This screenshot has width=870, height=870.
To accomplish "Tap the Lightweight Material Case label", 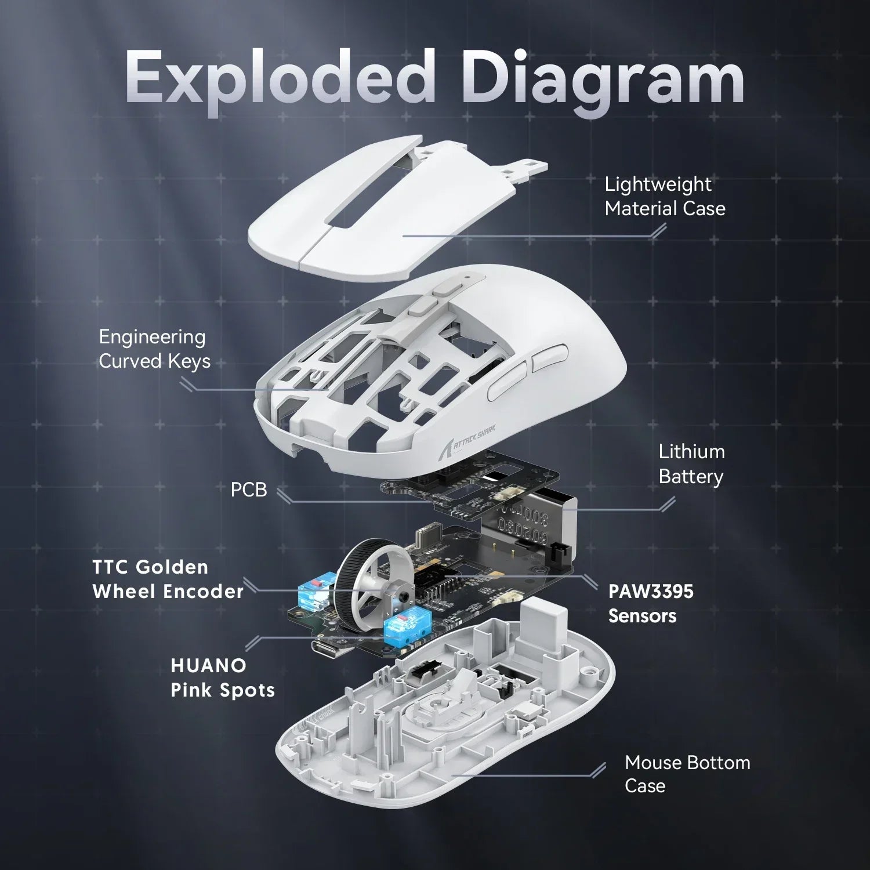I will pos(665,196).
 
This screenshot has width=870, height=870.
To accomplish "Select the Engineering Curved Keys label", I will pos(154,349).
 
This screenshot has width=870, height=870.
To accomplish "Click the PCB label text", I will pos(249,490).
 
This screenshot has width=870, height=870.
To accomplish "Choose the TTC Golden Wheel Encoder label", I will pos(168,579).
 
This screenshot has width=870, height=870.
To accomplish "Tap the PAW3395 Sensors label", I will pos(650,603).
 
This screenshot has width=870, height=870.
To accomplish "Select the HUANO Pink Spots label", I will pos(222,677).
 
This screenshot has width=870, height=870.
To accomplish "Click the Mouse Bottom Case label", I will pos(687,774).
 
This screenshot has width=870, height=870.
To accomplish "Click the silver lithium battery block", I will pos(522,522).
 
